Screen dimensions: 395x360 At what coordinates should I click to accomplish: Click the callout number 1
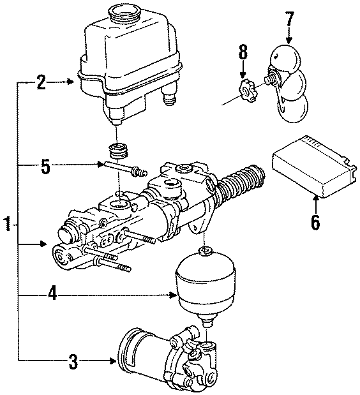click(x=7, y=225)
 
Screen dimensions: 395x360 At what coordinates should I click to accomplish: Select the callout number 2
click(x=41, y=82)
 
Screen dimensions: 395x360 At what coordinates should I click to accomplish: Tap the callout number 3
click(x=73, y=362)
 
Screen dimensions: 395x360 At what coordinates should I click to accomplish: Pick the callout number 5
click(x=44, y=167)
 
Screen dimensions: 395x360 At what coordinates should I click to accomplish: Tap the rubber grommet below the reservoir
click(x=119, y=154)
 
